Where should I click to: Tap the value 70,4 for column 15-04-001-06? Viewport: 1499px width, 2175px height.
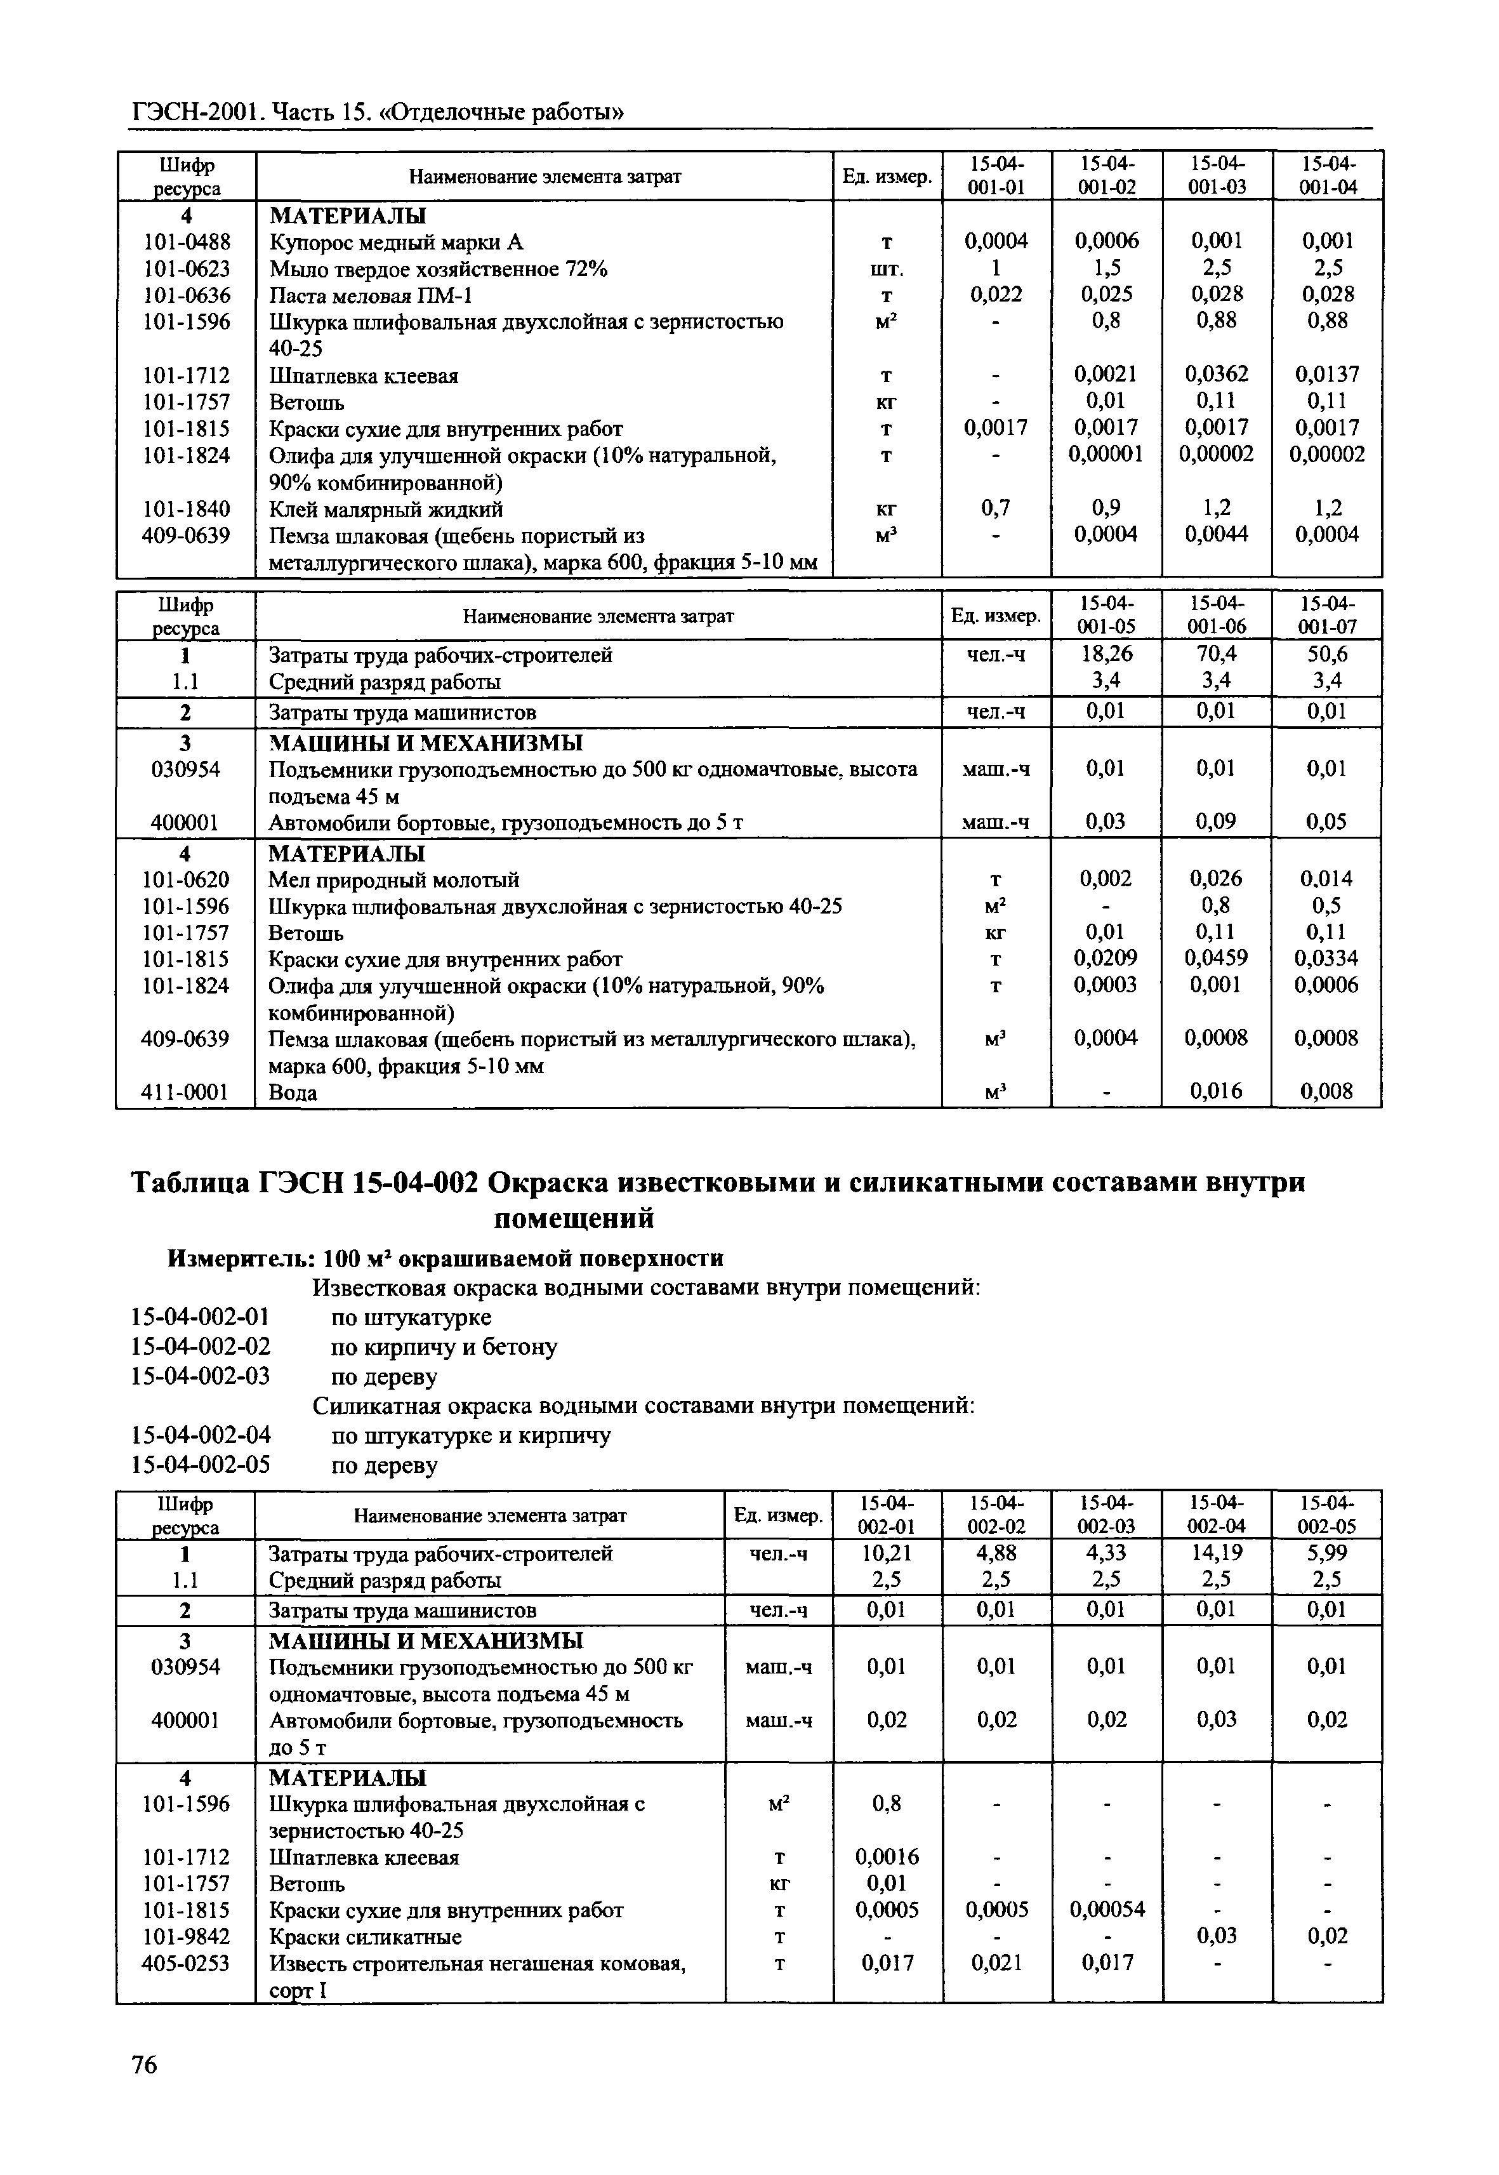pos(1217,654)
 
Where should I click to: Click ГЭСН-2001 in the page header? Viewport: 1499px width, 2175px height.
pos(196,113)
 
